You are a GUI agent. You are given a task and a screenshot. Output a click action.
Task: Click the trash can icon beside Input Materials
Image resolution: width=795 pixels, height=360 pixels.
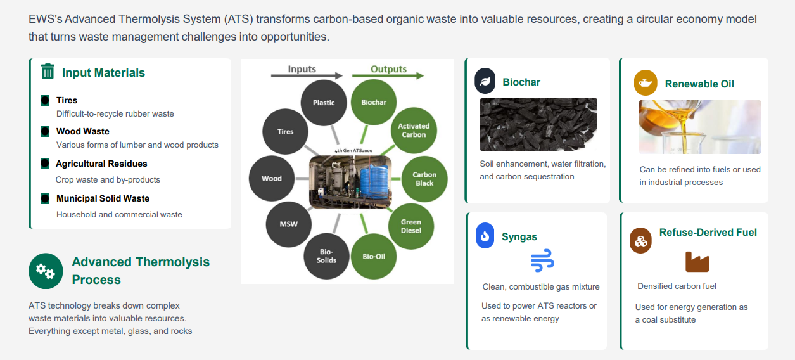[x=48, y=72]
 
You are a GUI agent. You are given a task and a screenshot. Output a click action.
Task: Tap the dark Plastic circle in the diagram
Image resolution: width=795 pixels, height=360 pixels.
[x=323, y=103]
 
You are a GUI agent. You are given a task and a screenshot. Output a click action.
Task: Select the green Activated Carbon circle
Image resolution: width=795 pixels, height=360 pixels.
[x=414, y=131]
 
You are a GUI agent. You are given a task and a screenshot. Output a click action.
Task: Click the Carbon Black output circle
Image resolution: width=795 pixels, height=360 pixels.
[x=424, y=179]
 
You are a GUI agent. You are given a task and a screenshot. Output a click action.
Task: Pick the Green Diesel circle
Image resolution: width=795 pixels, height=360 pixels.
[x=410, y=226]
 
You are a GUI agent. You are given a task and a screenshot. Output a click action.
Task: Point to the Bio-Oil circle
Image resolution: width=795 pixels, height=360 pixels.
[x=373, y=256]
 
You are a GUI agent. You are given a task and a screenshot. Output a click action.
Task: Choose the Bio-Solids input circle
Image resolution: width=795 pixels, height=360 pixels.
[x=326, y=256]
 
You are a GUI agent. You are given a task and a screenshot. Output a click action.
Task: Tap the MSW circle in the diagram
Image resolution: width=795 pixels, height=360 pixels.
[x=288, y=224]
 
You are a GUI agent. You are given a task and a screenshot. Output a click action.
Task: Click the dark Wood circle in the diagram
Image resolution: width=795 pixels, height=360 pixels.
[x=272, y=178]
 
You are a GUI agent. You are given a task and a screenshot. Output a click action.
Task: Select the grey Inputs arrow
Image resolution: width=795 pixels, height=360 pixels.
[x=307, y=75]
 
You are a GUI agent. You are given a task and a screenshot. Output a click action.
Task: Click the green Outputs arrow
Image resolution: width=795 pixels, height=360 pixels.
[x=388, y=75]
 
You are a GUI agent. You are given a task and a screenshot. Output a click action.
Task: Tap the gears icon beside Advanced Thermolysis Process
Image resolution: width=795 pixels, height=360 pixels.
[x=46, y=271]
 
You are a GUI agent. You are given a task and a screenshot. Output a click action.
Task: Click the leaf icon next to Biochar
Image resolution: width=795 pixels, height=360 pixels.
[x=485, y=81]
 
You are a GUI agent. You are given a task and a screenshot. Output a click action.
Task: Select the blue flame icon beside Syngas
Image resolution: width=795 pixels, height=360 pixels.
[x=485, y=235]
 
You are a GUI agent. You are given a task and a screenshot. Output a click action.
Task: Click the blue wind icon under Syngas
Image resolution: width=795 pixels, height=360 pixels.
[x=542, y=260]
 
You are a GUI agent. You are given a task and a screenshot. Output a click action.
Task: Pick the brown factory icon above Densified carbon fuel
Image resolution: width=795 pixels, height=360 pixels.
[x=697, y=262]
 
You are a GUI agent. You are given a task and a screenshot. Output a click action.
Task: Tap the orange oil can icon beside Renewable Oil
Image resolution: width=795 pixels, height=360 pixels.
[x=646, y=83]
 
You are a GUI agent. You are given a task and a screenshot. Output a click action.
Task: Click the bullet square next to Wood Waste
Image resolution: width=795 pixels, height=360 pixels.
[x=45, y=131]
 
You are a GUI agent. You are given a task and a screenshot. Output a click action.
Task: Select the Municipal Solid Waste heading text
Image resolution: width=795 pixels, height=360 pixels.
[x=103, y=198]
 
